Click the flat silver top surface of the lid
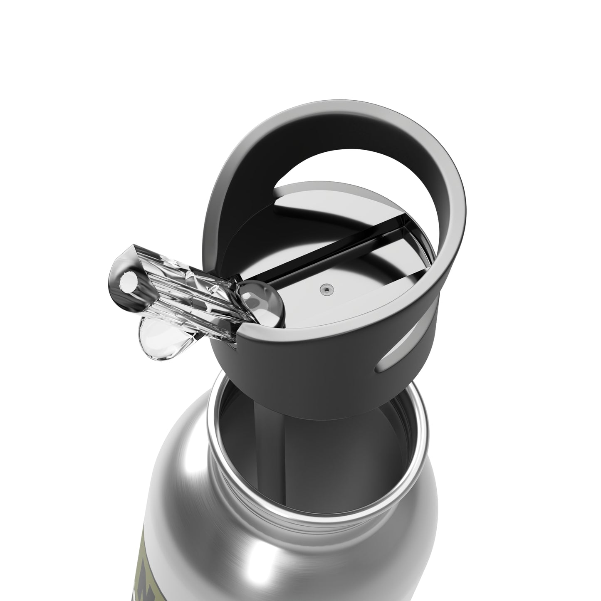[x=354, y=291]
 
